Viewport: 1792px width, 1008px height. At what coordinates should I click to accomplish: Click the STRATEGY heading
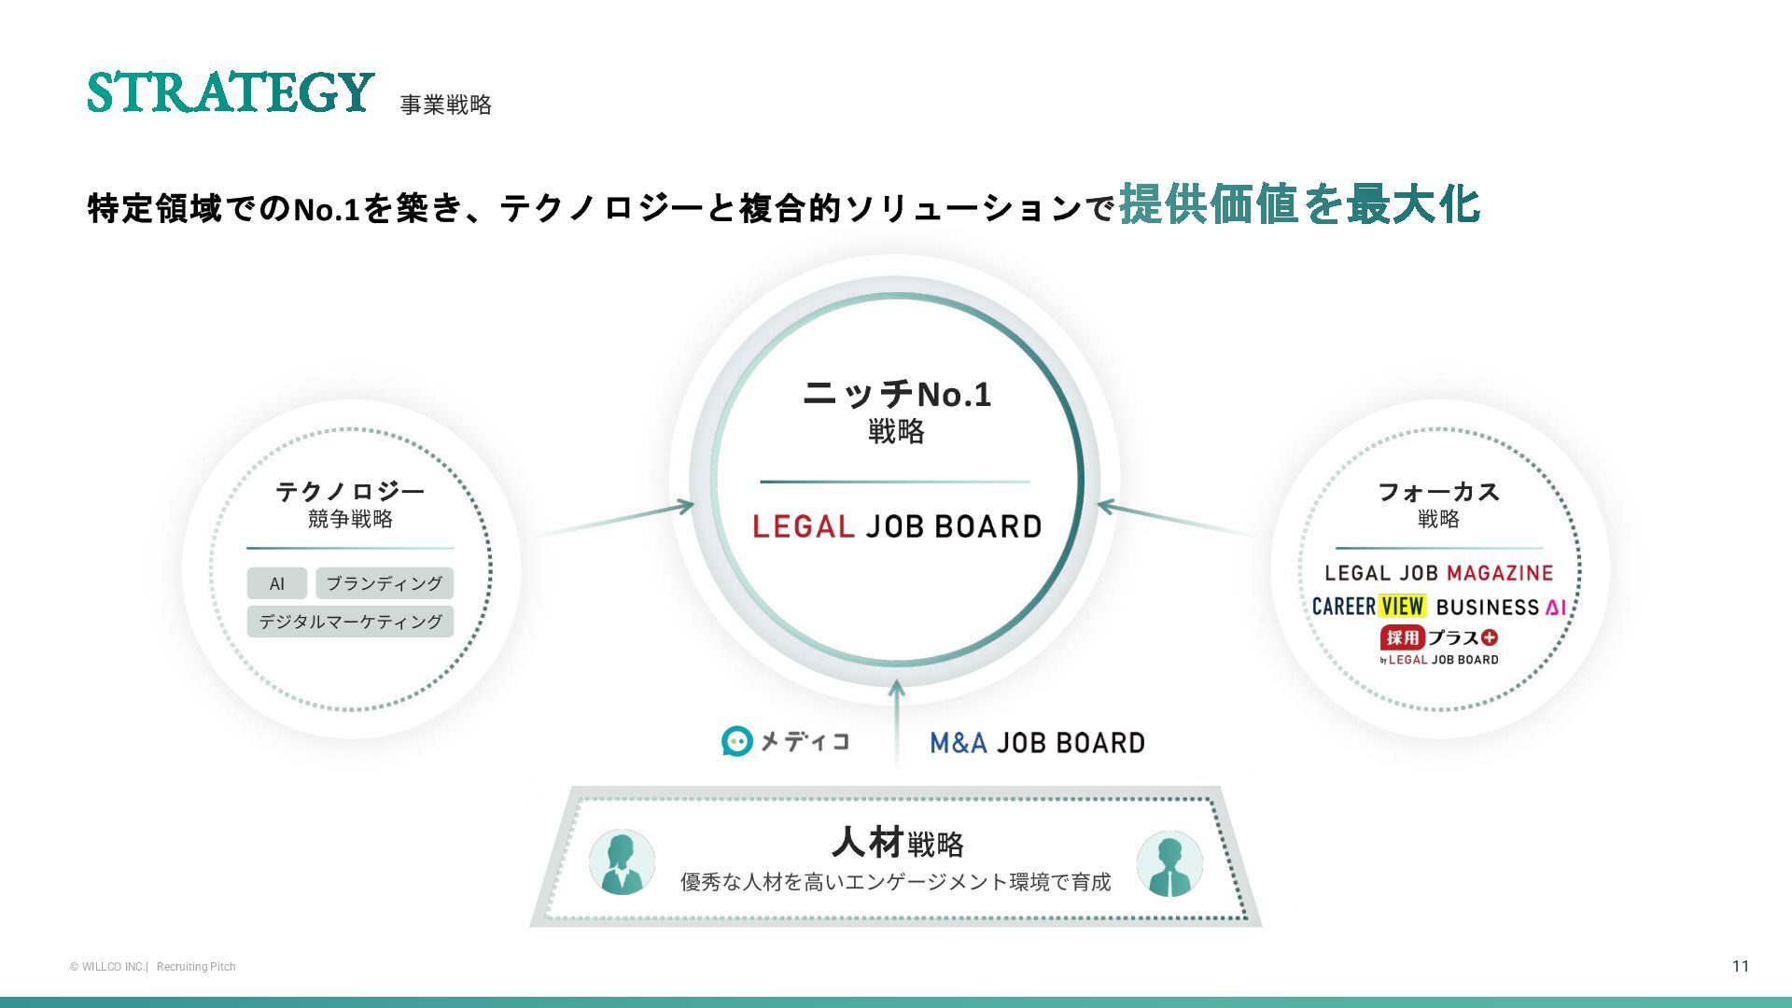pyautogui.click(x=231, y=92)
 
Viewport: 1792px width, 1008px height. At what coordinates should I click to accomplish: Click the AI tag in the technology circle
pyautogui.click(x=276, y=583)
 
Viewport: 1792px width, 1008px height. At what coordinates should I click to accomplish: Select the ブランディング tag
pyautogui.click(x=385, y=583)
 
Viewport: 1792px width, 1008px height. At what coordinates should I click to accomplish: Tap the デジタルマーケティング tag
pyautogui.click(x=350, y=622)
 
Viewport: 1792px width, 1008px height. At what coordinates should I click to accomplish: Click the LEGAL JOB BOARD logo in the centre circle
pyautogui.click(x=896, y=526)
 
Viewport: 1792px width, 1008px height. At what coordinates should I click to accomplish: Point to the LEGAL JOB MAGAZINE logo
pyautogui.click(x=1438, y=573)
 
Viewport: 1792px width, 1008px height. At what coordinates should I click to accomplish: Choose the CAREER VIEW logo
pyautogui.click(x=1368, y=607)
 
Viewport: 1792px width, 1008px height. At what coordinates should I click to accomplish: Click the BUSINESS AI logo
pyautogui.click(x=1501, y=607)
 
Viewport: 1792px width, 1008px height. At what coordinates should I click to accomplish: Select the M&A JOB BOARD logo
pyautogui.click(x=1037, y=743)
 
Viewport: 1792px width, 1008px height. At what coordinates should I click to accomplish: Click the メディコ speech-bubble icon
pyautogui.click(x=737, y=741)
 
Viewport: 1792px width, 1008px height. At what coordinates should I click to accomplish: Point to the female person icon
pyautogui.click(x=622, y=862)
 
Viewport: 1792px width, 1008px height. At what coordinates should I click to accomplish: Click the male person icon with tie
pyautogui.click(x=1169, y=862)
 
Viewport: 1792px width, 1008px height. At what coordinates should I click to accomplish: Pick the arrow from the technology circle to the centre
pyautogui.click(x=616, y=521)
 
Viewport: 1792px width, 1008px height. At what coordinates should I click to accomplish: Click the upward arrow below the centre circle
pyautogui.click(x=896, y=719)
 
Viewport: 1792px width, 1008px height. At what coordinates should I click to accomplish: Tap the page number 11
pyautogui.click(x=1740, y=966)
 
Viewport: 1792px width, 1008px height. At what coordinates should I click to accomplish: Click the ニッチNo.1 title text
pyautogui.click(x=896, y=394)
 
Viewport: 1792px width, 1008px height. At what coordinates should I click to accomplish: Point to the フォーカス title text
pyautogui.click(x=1438, y=491)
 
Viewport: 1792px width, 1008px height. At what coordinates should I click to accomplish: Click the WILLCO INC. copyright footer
pyautogui.click(x=109, y=967)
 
